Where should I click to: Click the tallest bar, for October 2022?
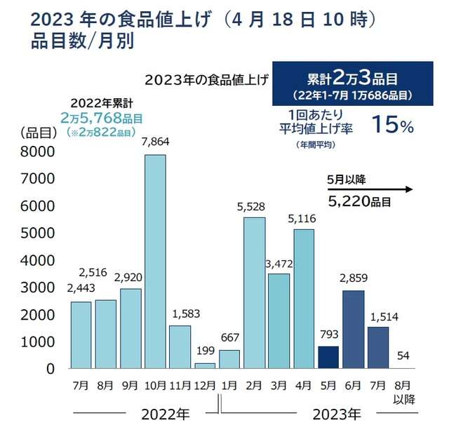(x=155, y=261)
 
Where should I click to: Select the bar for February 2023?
(x=254, y=292)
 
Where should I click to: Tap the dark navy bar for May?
(x=328, y=357)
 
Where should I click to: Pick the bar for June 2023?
(x=354, y=329)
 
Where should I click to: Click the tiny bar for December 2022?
(x=205, y=365)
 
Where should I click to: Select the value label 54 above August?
(x=403, y=356)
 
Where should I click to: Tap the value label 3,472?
(x=279, y=264)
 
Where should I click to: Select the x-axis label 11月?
(x=180, y=385)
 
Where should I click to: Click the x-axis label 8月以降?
(x=403, y=391)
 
